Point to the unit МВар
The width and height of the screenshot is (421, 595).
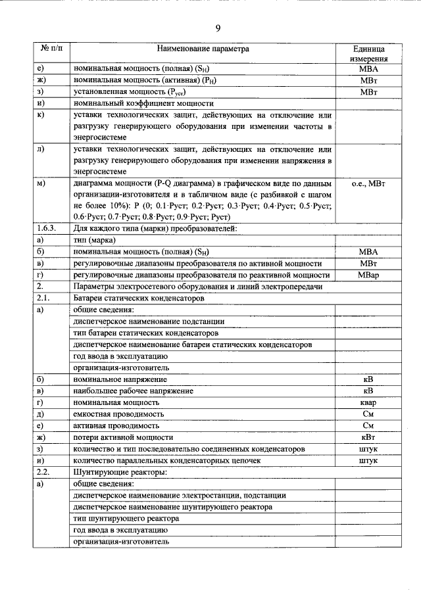(368, 275)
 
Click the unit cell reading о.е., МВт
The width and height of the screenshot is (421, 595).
(368, 184)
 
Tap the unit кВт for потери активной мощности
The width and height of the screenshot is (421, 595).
(368, 437)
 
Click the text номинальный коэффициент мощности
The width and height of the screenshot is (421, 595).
(143, 103)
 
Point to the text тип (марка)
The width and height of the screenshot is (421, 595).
(97, 240)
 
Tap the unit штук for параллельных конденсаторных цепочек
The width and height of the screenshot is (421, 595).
(368, 461)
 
